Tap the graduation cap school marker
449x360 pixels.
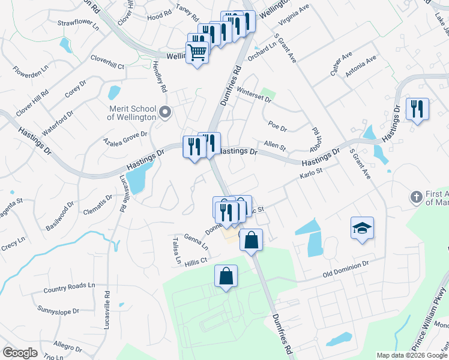coord(362,228)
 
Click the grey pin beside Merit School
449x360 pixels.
coord(165,112)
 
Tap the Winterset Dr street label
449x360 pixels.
coord(254,95)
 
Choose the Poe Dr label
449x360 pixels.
coord(278,127)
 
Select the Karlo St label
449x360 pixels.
coord(311,175)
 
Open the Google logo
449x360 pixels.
coord(20,353)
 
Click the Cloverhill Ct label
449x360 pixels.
coord(107,63)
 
